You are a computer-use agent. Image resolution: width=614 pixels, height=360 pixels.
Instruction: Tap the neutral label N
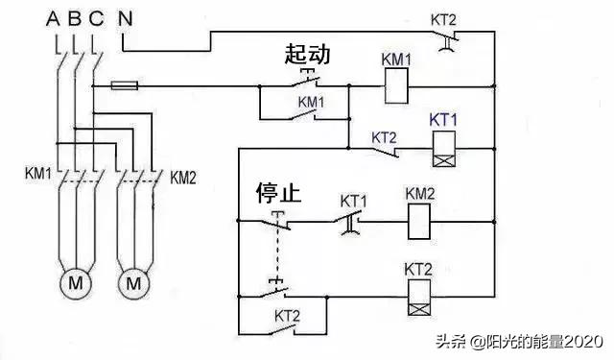click(126, 17)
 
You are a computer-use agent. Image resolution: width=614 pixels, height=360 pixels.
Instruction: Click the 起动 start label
click(307, 54)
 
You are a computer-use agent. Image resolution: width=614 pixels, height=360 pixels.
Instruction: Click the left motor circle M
click(74, 283)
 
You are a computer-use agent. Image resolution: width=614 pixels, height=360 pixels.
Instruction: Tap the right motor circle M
click(134, 283)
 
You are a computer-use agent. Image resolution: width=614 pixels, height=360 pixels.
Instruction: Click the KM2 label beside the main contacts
click(184, 177)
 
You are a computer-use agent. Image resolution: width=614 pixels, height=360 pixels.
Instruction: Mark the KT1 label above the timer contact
click(353, 201)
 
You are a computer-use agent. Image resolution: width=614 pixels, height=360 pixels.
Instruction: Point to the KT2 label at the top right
click(443, 17)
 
